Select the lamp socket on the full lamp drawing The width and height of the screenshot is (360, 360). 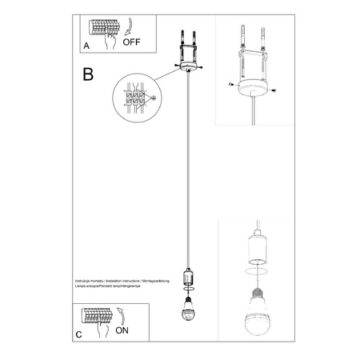coord(189,278)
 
